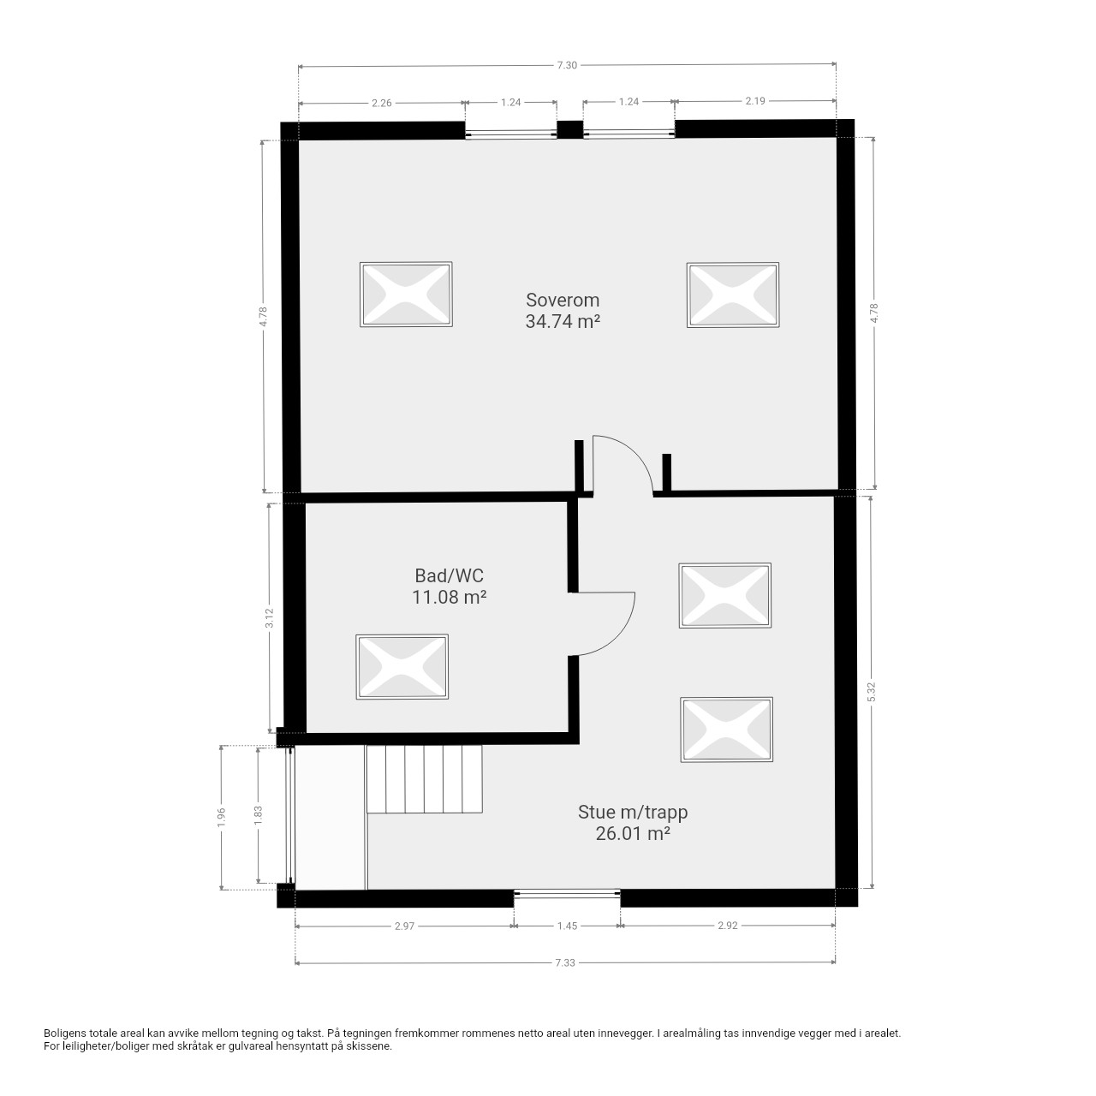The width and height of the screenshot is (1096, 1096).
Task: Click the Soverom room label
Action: click(563, 300)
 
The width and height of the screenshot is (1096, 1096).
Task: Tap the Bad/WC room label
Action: click(449, 575)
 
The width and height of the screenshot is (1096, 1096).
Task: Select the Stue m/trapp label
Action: click(633, 813)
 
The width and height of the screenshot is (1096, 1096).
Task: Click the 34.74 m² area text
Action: click(563, 321)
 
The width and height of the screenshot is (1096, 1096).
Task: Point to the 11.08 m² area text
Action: click(449, 597)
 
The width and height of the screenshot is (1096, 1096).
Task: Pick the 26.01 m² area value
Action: click(633, 834)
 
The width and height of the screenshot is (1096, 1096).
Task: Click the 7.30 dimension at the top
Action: click(567, 65)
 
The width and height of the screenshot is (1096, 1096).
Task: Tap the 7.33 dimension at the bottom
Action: click(565, 963)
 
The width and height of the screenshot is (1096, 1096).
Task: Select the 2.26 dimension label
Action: click(381, 103)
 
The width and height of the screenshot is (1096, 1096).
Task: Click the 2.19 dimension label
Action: click(754, 101)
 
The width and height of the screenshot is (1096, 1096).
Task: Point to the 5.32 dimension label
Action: click(872, 692)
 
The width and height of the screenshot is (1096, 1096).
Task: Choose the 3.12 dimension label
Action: click(270, 617)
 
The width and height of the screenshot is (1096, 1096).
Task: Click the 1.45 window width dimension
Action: click(567, 926)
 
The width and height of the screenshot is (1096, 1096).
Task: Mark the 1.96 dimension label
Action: click(222, 818)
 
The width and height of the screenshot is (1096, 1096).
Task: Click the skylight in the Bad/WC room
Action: click(402, 666)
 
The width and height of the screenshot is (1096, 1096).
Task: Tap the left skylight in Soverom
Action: click(406, 294)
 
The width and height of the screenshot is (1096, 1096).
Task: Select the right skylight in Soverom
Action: click(733, 295)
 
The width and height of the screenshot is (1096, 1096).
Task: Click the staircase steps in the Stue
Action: click(425, 779)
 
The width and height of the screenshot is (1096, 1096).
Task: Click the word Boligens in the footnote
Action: click(65, 1033)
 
